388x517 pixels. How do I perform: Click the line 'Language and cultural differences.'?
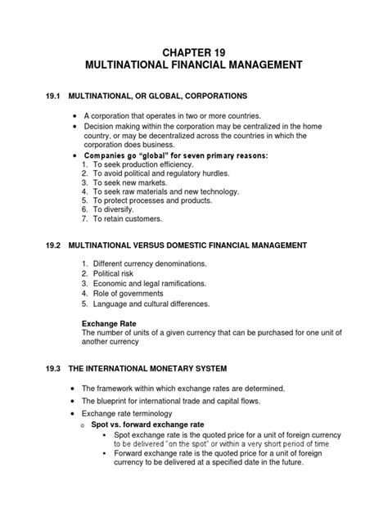pos(157,303)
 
